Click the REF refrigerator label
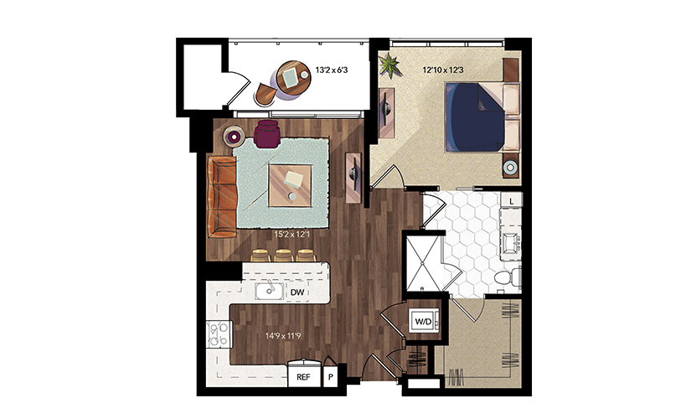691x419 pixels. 303,377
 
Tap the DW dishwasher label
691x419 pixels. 297,292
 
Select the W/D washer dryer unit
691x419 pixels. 424,321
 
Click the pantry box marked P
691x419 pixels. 331,377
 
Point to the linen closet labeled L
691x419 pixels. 511,201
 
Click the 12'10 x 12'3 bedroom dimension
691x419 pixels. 443,70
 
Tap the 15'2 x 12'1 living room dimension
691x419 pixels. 291,235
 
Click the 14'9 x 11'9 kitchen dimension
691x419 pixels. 283,336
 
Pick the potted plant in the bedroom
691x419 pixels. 390,65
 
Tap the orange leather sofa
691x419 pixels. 222,196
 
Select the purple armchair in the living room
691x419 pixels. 266,133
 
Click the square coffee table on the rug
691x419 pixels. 291,185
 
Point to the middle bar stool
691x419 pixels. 282,256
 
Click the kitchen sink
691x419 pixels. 269,292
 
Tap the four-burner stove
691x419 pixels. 219,334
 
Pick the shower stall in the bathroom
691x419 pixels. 423,263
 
